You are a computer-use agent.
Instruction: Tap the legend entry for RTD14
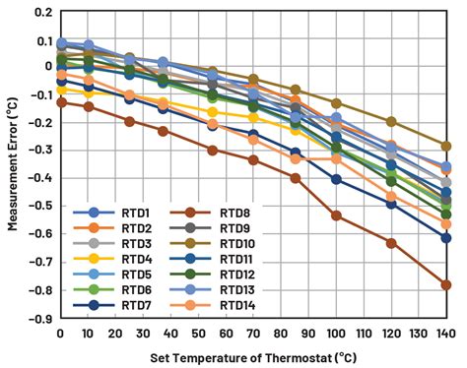[235, 306]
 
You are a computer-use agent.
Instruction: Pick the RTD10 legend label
[235, 244]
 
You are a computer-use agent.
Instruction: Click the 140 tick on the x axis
[445, 334]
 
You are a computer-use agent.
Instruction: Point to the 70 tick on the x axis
[253, 334]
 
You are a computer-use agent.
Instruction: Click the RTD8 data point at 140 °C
[446, 284]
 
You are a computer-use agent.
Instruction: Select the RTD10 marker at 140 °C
[446, 146]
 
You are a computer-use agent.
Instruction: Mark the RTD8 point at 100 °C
[336, 215]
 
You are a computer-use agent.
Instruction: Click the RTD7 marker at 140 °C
[446, 238]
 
